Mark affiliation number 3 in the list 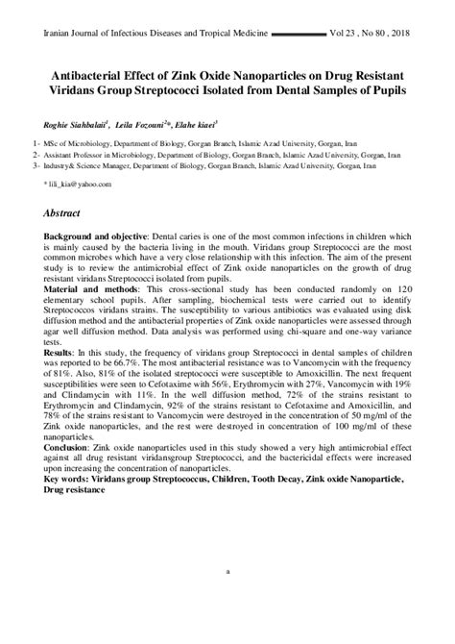[x=35, y=164]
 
